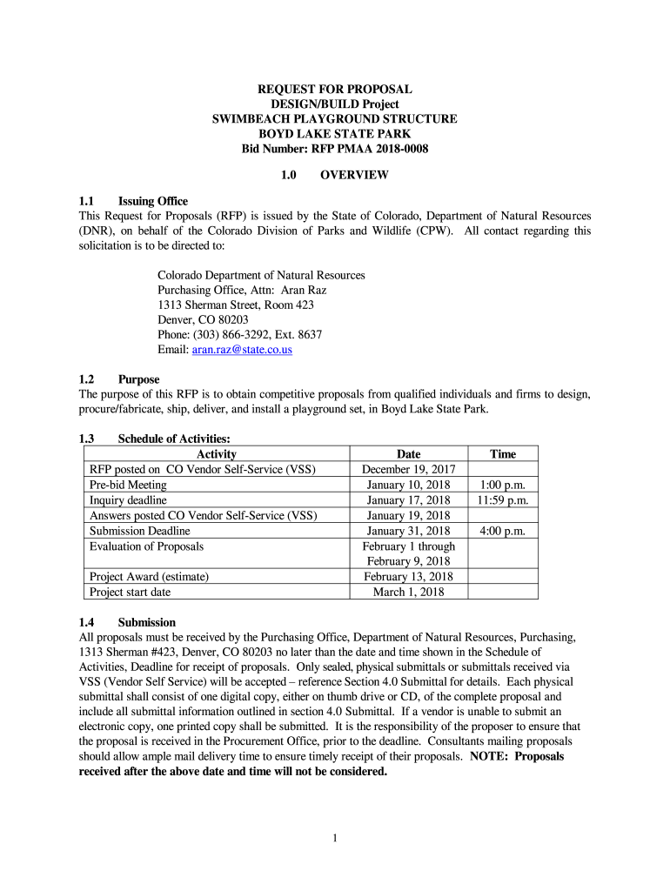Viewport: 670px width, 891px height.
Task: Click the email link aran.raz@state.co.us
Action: (x=242, y=349)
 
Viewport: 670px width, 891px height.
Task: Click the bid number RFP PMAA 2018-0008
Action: (x=334, y=149)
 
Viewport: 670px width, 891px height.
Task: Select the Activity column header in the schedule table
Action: (x=217, y=454)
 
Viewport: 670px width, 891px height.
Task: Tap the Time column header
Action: (x=503, y=454)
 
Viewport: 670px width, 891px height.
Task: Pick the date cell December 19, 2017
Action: (x=408, y=469)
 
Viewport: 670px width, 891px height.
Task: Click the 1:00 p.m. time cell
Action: (x=503, y=485)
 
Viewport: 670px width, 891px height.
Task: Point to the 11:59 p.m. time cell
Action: (x=503, y=500)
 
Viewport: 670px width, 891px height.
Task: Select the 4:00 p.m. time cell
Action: (x=503, y=531)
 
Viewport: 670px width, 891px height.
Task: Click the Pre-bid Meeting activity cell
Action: (x=128, y=485)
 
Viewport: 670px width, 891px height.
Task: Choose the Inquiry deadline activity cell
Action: (x=128, y=500)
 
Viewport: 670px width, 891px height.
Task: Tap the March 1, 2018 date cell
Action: (x=408, y=592)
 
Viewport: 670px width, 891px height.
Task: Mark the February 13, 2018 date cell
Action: (x=408, y=577)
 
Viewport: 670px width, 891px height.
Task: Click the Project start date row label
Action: (x=130, y=592)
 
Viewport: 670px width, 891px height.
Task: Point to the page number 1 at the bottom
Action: (x=334, y=838)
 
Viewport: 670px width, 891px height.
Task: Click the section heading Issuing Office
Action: (x=152, y=201)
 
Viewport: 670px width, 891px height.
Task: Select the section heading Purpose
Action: (x=138, y=379)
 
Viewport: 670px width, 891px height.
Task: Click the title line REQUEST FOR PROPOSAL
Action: (x=334, y=90)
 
